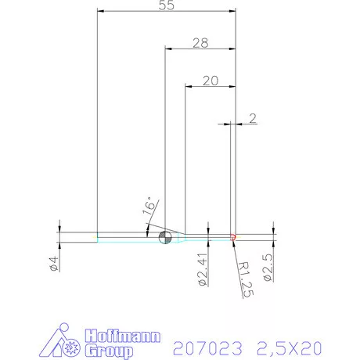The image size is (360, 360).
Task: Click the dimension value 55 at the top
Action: click(x=165, y=5)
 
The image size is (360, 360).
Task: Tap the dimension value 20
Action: click(x=210, y=79)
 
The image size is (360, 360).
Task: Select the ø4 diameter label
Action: click(x=54, y=264)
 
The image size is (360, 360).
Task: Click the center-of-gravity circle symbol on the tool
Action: click(x=164, y=236)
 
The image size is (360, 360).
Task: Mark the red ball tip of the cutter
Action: click(x=234, y=236)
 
